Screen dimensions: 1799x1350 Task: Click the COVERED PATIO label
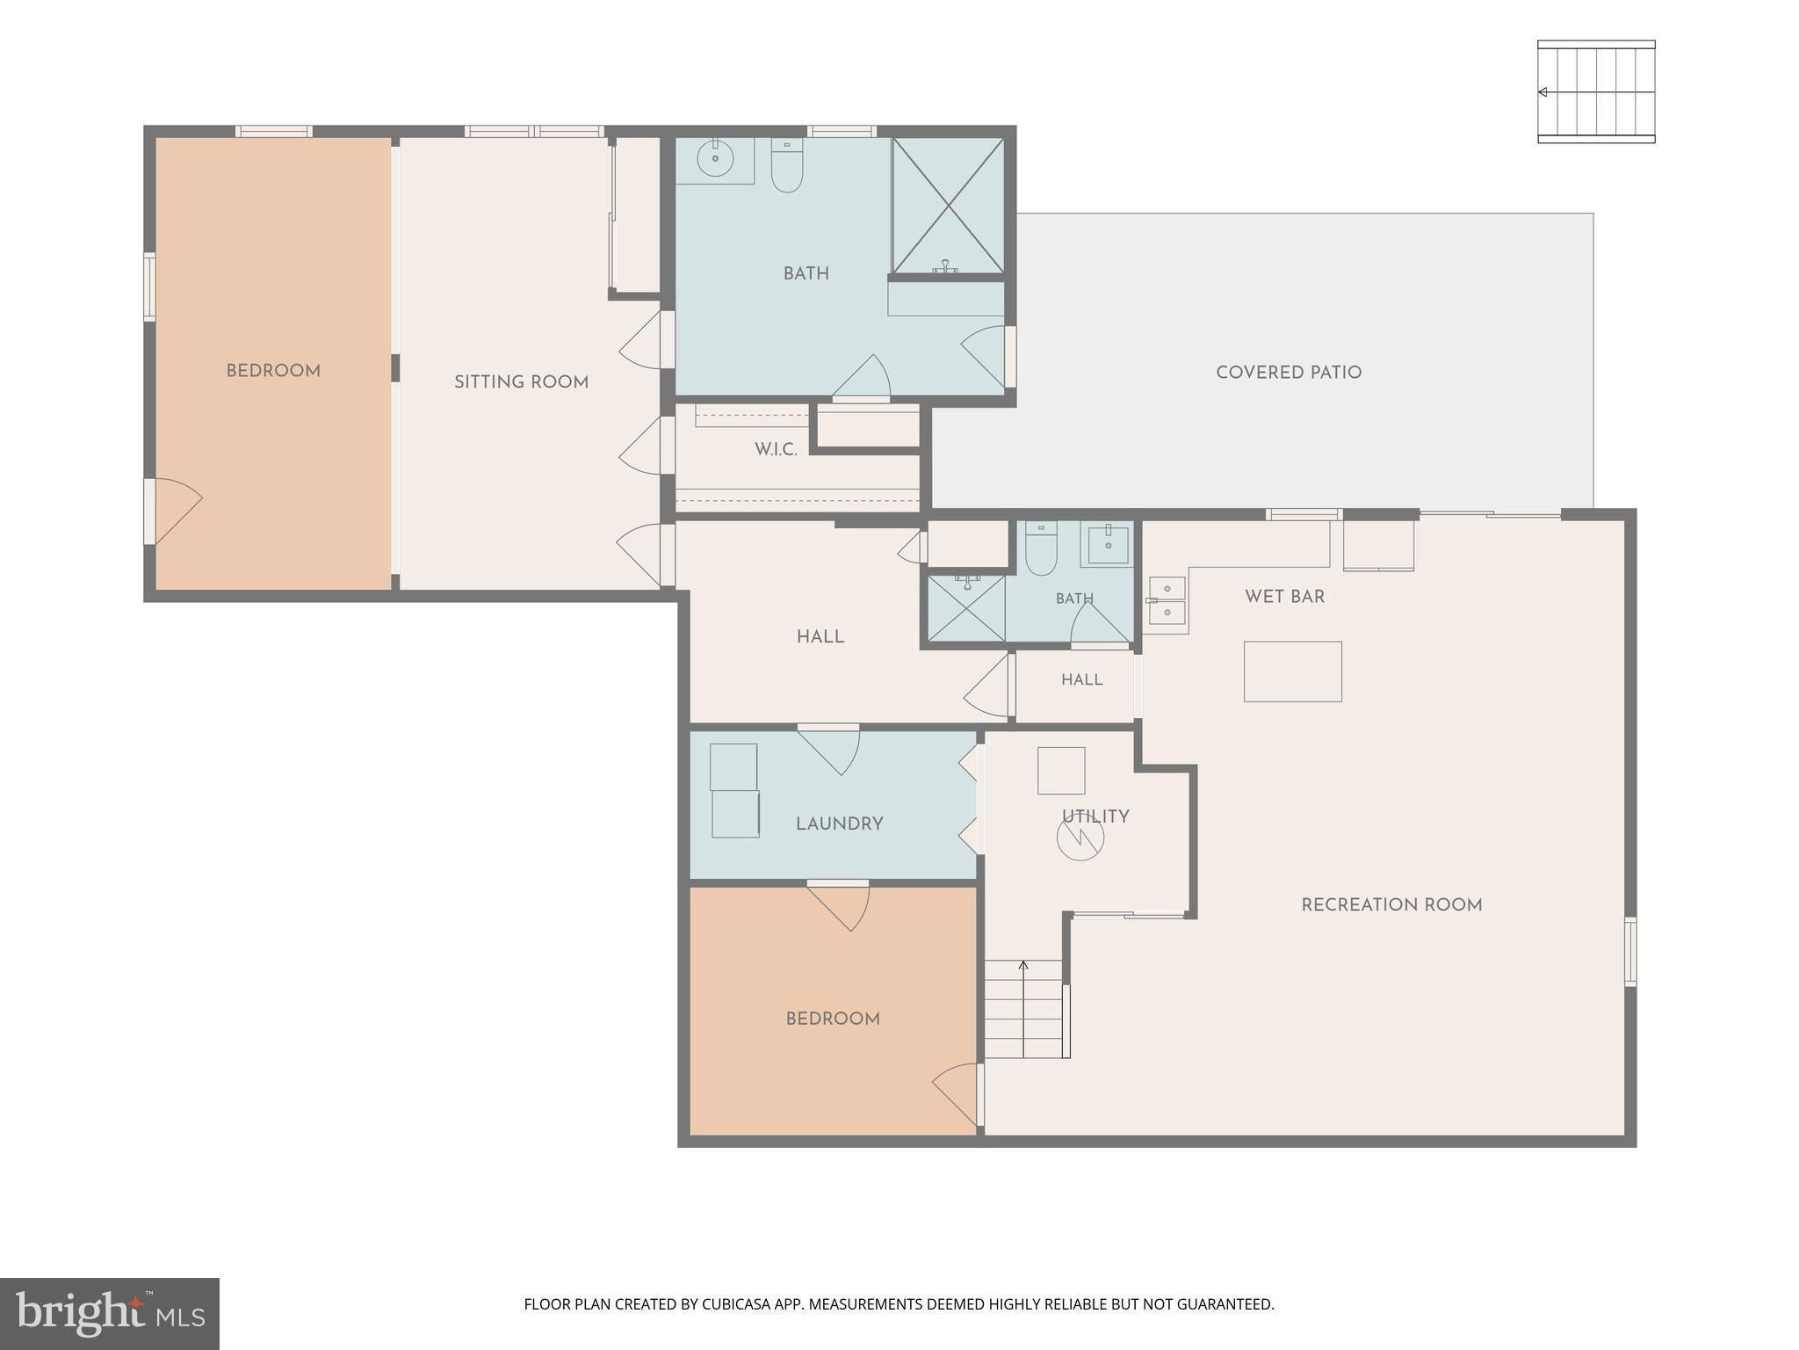(1289, 373)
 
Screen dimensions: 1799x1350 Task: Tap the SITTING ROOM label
(521, 382)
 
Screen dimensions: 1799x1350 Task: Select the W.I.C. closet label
(776, 450)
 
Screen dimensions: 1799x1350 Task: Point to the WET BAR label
(1284, 597)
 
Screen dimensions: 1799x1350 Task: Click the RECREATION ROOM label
(1391, 905)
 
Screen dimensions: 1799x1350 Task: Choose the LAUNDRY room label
(839, 824)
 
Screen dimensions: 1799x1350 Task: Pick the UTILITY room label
(1095, 817)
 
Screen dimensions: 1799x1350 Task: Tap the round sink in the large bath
(715, 159)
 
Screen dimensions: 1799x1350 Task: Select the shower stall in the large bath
(948, 206)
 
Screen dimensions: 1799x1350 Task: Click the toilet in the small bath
(1041, 548)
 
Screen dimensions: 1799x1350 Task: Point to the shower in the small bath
(967, 608)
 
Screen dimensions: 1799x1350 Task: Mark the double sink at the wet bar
(1167, 600)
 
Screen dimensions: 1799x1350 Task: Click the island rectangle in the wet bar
(1293, 671)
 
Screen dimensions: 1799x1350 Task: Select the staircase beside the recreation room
(1025, 1009)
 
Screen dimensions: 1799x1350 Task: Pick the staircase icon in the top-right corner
(1596, 91)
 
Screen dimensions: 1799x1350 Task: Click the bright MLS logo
(110, 1314)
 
